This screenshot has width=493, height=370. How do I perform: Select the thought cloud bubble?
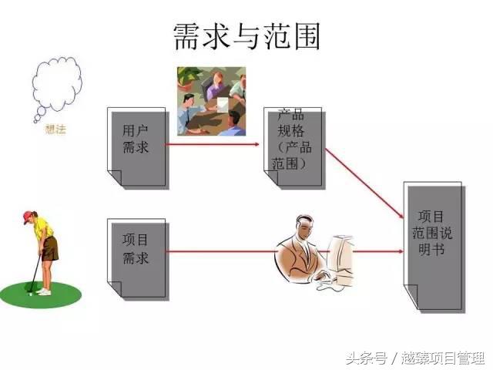56,91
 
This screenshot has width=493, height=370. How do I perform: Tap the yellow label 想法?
56,129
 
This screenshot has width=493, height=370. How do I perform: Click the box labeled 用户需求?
136,146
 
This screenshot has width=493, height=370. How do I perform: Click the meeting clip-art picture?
211,101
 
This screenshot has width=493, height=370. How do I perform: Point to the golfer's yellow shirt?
44,229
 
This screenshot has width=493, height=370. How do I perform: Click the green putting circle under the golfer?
39,294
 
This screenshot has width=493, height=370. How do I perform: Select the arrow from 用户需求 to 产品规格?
216,143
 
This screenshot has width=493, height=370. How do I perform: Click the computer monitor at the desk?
341,255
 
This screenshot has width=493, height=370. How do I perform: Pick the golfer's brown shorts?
50,248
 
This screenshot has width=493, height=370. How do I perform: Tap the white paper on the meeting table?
222,103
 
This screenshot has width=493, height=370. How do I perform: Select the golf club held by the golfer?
35,270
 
